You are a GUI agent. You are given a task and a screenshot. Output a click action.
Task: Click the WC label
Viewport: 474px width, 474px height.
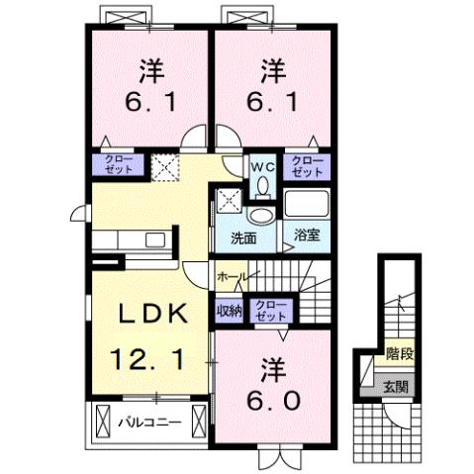262,167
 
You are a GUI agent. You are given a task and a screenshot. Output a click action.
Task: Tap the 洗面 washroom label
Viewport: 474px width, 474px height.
244,237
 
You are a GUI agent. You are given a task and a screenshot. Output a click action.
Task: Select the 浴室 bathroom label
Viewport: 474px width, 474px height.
307,237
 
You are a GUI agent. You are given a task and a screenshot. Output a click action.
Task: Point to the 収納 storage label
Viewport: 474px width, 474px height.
230,311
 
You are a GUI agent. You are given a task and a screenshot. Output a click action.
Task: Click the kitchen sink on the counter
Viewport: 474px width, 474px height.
155,238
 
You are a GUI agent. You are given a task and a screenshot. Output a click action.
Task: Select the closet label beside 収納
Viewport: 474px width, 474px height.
267,311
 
